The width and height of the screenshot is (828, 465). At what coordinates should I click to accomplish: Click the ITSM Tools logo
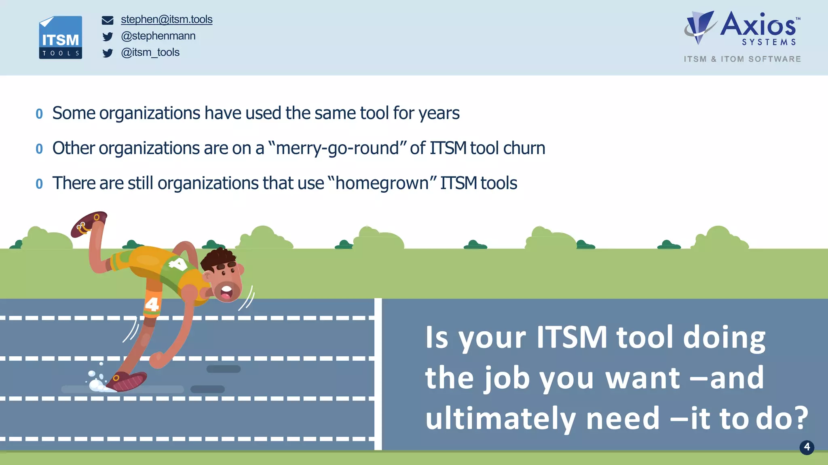click(x=61, y=38)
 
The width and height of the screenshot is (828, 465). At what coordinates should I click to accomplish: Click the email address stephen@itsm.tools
click(x=167, y=19)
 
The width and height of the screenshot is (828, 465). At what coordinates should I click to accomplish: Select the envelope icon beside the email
click(x=108, y=20)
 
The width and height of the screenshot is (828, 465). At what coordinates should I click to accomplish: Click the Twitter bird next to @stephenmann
click(x=108, y=37)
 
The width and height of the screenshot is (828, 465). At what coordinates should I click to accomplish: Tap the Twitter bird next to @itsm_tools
click(x=108, y=53)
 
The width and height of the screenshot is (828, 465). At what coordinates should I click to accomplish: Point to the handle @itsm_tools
click(x=150, y=53)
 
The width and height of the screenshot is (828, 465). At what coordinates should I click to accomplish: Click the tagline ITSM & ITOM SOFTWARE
click(x=742, y=59)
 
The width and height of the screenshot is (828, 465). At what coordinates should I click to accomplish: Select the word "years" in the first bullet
click(x=439, y=114)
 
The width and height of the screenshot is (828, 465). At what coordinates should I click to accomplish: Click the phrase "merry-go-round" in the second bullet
click(x=338, y=148)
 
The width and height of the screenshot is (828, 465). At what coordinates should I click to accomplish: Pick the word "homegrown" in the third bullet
click(x=382, y=183)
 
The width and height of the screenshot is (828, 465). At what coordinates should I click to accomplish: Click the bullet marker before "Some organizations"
click(x=39, y=114)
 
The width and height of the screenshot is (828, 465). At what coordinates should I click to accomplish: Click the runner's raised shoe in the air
click(x=89, y=223)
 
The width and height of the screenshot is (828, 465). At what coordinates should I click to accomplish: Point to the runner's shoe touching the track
click(x=129, y=382)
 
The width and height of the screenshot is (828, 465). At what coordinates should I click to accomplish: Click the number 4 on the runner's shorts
click(x=152, y=304)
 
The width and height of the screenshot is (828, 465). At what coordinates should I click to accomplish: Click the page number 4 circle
click(x=807, y=447)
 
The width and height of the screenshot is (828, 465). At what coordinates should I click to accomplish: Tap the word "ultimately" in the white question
click(x=501, y=419)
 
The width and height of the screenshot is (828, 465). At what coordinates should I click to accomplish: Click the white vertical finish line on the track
click(x=378, y=374)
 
